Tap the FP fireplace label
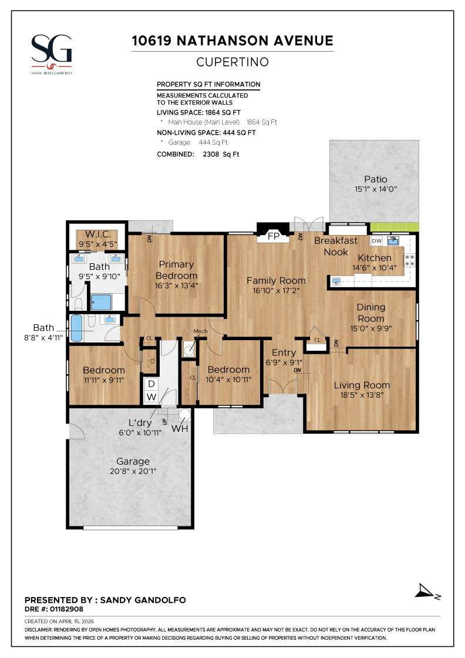click(273, 237)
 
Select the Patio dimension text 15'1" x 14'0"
click(375, 190)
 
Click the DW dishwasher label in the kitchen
click(377, 241)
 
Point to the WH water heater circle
click(185, 415)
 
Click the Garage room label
click(133, 461)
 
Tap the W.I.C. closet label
click(97, 234)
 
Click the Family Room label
click(276, 280)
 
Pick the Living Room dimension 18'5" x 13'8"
click(362, 395)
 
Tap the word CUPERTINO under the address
click(232, 62)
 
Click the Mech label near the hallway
click(200, 331)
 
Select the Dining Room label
click(371, 312)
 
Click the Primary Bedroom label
click(177, 270)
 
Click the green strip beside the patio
click(394, 227)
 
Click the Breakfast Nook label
click(335, 246)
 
